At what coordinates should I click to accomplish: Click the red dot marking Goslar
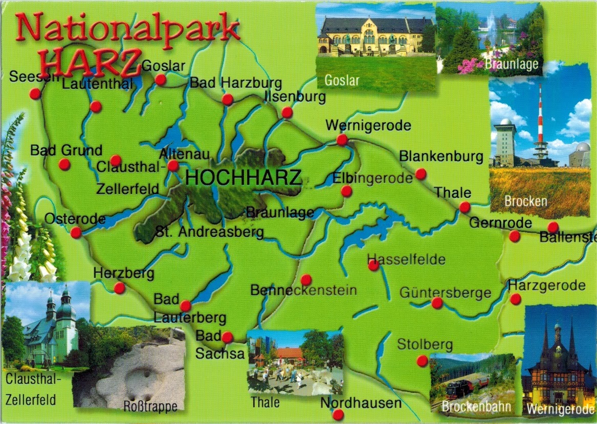tap(161, 80)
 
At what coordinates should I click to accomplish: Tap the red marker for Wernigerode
tap(342, 139)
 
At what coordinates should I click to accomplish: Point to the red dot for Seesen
tap(35, 94)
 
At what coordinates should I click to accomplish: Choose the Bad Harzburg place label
tap(236, 82)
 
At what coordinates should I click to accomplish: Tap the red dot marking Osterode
tap(76, 233)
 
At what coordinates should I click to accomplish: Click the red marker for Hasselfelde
tap(373, 265)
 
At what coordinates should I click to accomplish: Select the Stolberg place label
tap(425, 345)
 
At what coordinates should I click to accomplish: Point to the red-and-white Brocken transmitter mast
tap(540, 123)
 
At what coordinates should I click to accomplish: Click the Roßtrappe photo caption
tap(150, 407)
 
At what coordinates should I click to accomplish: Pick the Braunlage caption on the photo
tap(511, 64)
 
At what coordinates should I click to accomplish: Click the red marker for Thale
tap(465, 207)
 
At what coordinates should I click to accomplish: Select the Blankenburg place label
tap(441, 156)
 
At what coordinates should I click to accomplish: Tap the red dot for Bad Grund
tap(64, 164)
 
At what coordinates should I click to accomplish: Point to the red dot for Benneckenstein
tap(306, 279)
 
